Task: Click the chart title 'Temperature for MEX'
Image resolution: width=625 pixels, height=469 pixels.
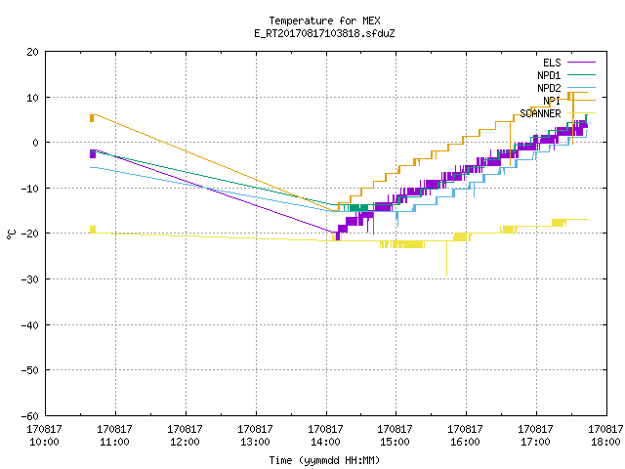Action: click(x=324, y=21)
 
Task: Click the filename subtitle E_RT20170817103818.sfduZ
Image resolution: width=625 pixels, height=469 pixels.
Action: click(x=324, y=33)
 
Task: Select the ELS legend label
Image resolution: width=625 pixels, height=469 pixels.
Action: click(x=552, y=63)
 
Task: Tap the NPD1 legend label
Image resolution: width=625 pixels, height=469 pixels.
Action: click(x=549, y=75)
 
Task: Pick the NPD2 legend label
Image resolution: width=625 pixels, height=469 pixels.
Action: click(x=549, y=88)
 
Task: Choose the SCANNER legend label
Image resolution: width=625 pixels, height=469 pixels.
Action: click(x=540, y=113)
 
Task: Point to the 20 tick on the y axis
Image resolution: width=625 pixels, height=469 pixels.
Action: click(x=32, y=52)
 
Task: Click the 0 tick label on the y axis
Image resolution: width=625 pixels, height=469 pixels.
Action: click(x=35, y=143)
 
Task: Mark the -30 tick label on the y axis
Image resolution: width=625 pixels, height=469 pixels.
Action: click(x=30, y=279)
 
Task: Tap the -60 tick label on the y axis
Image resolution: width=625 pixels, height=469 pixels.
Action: click(x=30, y=416)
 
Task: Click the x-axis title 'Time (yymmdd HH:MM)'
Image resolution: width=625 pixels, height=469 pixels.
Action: click(x=324, y=460)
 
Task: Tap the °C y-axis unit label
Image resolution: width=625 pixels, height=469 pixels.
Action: click(x=11, y=234)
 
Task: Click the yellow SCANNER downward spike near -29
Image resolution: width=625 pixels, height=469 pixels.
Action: click(x=446, y=258)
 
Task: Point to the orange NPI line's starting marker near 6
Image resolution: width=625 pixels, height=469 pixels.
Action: click(x=92, y=118)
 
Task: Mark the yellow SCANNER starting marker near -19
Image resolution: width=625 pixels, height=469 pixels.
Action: click(x=93, y=230)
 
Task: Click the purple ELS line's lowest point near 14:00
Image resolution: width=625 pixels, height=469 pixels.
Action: click(x=338, y=238)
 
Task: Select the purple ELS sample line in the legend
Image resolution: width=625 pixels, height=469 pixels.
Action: click(x=581, y=63)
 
